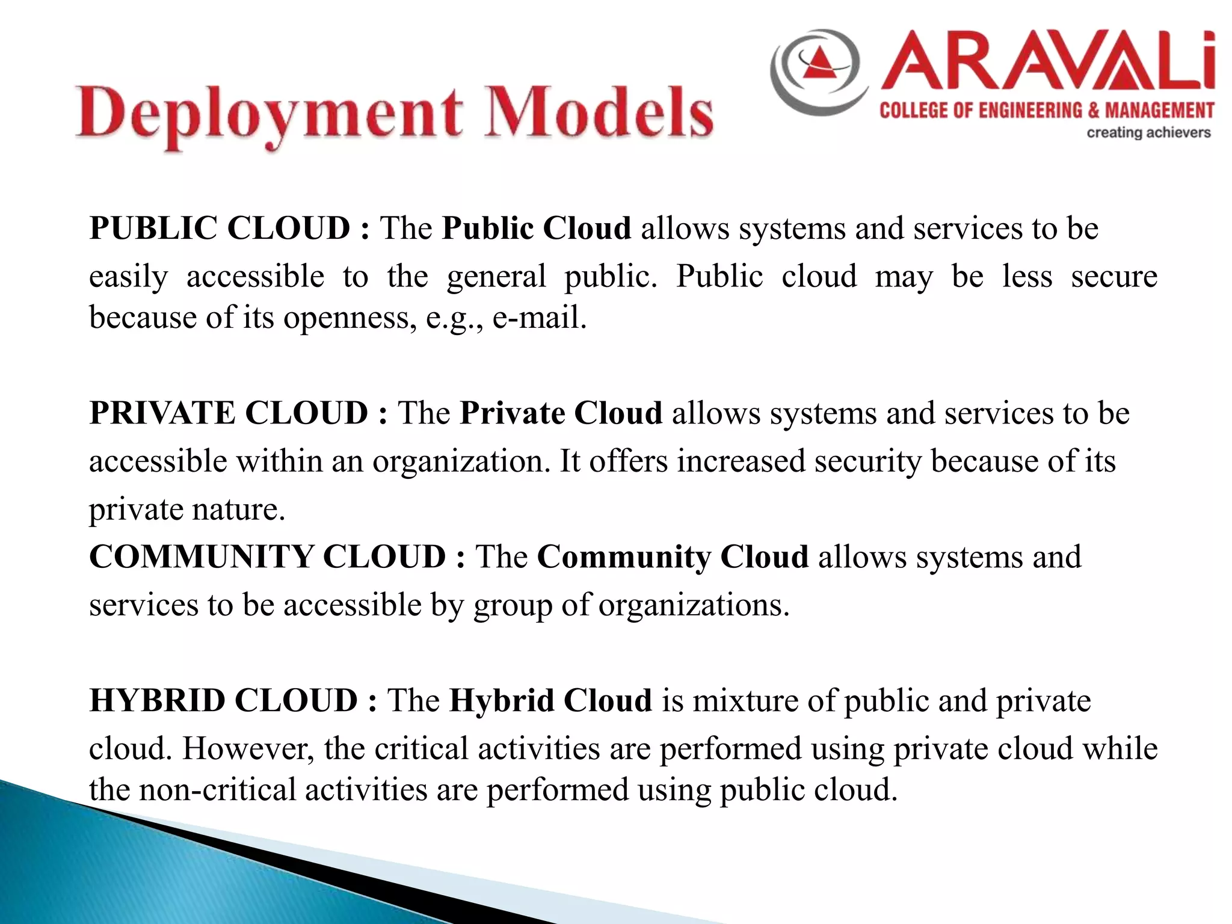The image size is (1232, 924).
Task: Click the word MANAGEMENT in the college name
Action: click(1159, 110)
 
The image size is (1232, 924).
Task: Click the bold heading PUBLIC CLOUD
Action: click(219, 229)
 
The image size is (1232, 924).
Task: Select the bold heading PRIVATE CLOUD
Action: click(229, 413)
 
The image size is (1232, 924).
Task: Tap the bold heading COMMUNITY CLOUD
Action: click(267, 556)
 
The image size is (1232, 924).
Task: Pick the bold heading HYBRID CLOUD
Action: click(224, 700)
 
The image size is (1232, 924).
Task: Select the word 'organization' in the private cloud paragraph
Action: click(457, 461)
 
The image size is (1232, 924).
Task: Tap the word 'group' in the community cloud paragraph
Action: click(513, 605)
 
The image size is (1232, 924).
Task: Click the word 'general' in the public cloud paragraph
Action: click(496, 277)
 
